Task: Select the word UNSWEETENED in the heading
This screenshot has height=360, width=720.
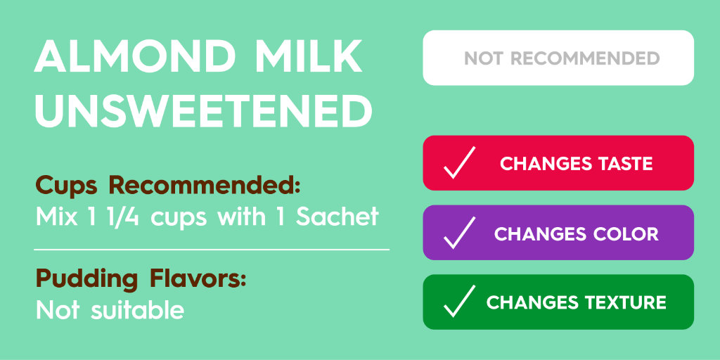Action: [x=204, y=111]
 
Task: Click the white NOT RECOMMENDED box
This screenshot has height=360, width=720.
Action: [x=558, y=58]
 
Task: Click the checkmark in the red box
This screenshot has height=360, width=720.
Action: [x=459, y=163]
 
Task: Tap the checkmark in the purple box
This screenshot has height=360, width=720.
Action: [x=459, y=233]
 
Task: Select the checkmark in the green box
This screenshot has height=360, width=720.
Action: [x=459, y=302]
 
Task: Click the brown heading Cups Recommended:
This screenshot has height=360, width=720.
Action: [x=168, y=186]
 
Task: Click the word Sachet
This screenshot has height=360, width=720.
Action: [x=337, y=217]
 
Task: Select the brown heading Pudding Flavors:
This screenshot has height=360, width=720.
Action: [x=141, y=279]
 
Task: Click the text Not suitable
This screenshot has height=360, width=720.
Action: [x=110, y=309]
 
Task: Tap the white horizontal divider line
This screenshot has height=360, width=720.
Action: [x=211, y=249]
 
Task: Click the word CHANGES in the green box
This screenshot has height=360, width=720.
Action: [x=527, y=302]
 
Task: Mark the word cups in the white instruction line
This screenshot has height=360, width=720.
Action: [x=180, y=218]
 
